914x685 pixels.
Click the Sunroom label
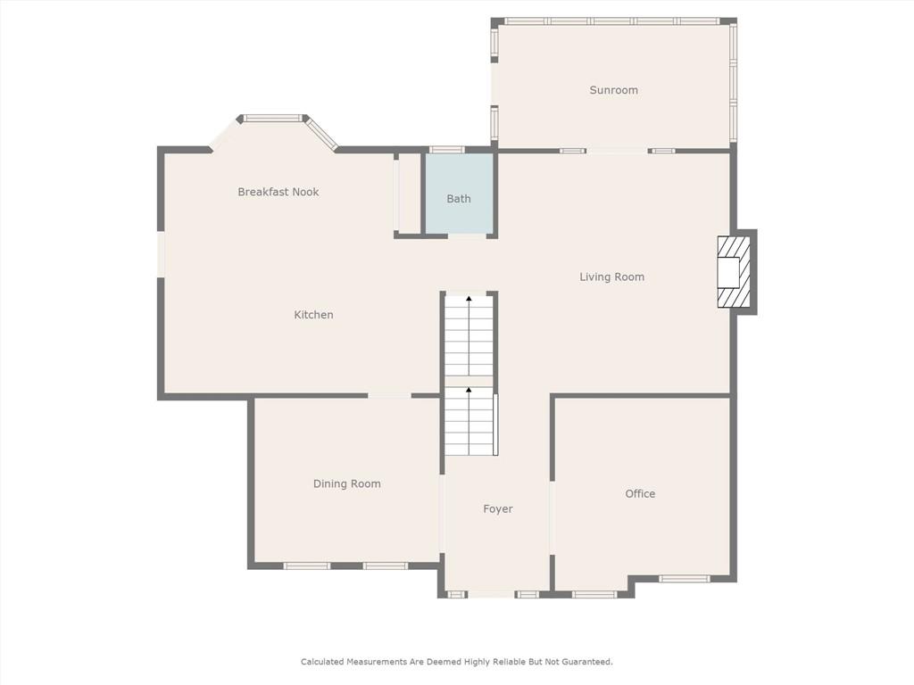[x=613, y=90]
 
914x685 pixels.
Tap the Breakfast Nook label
[x=278, y=192]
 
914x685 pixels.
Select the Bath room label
[x=458, y=199]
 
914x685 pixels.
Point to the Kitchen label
[x=313, y=315]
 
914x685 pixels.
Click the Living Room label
[x=612, y=276]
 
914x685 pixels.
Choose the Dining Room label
[x=347, y=483]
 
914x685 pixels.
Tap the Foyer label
[x=498, y=508]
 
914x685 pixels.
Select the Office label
[x=640, y=493]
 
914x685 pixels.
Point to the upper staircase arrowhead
[x=469, y=299]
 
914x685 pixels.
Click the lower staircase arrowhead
[x=469, y=389]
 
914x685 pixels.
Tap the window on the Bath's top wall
[x=446, y=150]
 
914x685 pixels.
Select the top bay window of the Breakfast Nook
[x=273, y=119]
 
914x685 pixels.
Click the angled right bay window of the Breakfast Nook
[x=321, y=134]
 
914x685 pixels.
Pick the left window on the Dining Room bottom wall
[x=307, y=565]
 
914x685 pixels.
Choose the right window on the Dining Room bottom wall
[x=386, y=565]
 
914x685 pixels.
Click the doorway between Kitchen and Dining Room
[x=389, y=396]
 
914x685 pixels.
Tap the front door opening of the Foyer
[x=492, y=594]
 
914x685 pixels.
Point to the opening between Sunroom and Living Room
[x=618, y=151]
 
